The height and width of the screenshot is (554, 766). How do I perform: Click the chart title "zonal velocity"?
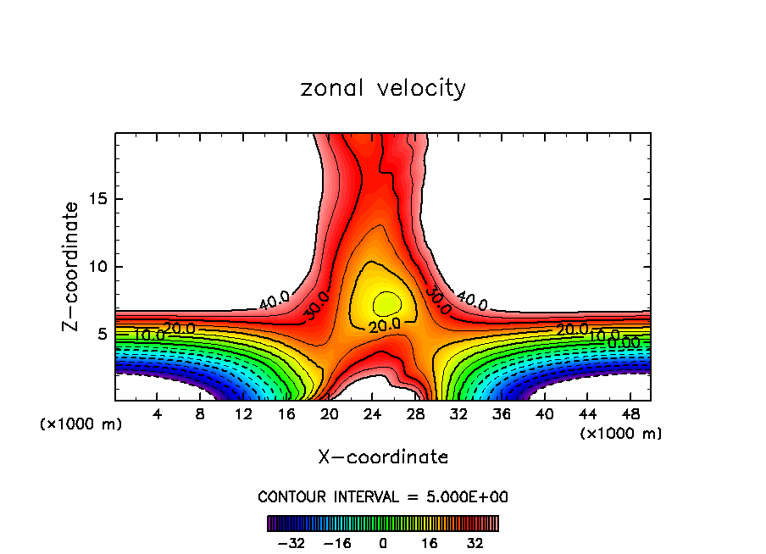tap(383, 88)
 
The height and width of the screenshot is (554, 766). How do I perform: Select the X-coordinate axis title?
tap(383, 457)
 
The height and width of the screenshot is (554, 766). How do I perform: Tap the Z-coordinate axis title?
tap(71, 266)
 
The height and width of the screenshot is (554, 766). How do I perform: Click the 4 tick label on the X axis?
tap(157, 414)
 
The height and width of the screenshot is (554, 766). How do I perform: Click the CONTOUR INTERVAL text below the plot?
tap(383, 496)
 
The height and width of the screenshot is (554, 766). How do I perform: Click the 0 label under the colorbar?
tap(383, 543)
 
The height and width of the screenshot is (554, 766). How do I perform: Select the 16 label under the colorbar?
tap(430, 543)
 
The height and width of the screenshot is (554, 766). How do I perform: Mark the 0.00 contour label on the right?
tap(624, 342)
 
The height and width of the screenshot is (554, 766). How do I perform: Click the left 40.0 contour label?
tap(274, 300)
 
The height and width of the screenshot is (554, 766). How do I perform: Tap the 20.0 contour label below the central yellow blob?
tap(384, 325)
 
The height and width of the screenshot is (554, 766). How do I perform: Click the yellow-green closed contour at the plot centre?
tap(386, 302)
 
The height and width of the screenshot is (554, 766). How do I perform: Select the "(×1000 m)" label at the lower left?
tap(81, 424)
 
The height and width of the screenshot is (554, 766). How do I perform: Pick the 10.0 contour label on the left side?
tap(149, 335)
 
